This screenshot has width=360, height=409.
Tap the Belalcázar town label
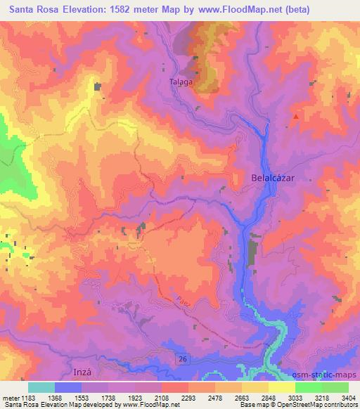pos(272,178)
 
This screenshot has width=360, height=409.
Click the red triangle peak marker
pos(297,117)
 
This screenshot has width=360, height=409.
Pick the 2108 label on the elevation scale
pos(161,398)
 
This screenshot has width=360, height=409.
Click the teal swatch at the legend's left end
pos(41,387)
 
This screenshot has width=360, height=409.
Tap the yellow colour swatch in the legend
pos(281,387)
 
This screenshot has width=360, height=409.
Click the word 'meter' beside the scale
pos(9,398)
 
